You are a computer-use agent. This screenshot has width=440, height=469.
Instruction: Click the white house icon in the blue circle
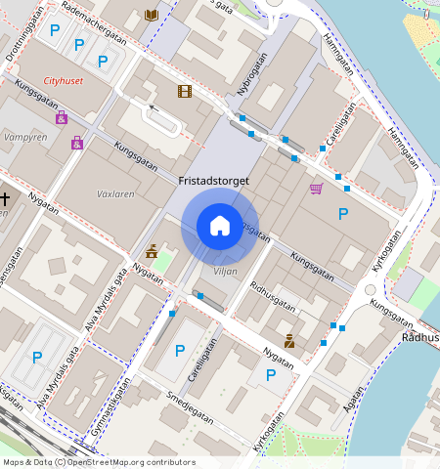tap(220, 226)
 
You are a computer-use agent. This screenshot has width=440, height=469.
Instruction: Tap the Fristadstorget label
tap(213, 181)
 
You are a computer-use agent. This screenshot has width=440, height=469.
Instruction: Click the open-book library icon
tap(151, 15)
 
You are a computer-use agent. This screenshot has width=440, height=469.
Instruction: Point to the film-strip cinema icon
tap(185, 91)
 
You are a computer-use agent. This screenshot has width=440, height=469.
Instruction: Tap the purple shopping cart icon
tap(316, 189)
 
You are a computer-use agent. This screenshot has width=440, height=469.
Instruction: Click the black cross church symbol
tap(5, 200)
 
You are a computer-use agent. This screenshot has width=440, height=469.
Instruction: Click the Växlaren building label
tap(116, 194)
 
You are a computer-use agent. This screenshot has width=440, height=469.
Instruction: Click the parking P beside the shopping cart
tap(343, 214)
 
